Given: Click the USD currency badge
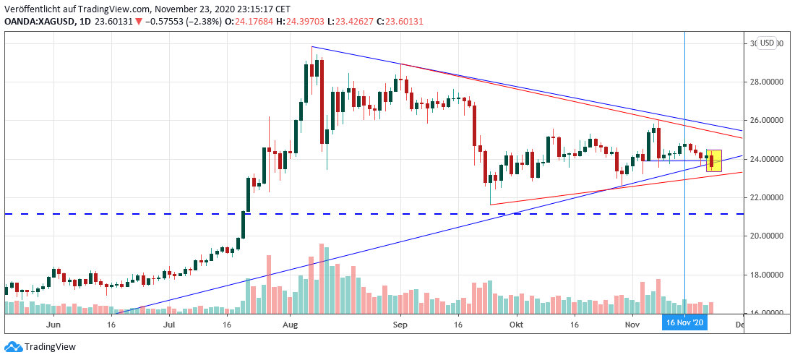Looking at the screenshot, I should (x=766, y=43).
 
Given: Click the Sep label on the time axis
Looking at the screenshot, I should (x=400, y=327).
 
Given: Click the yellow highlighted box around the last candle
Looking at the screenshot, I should (x=713, y=160).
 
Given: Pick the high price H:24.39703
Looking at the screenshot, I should (x=293, y=22).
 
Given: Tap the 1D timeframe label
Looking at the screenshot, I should (x=89, y=22).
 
